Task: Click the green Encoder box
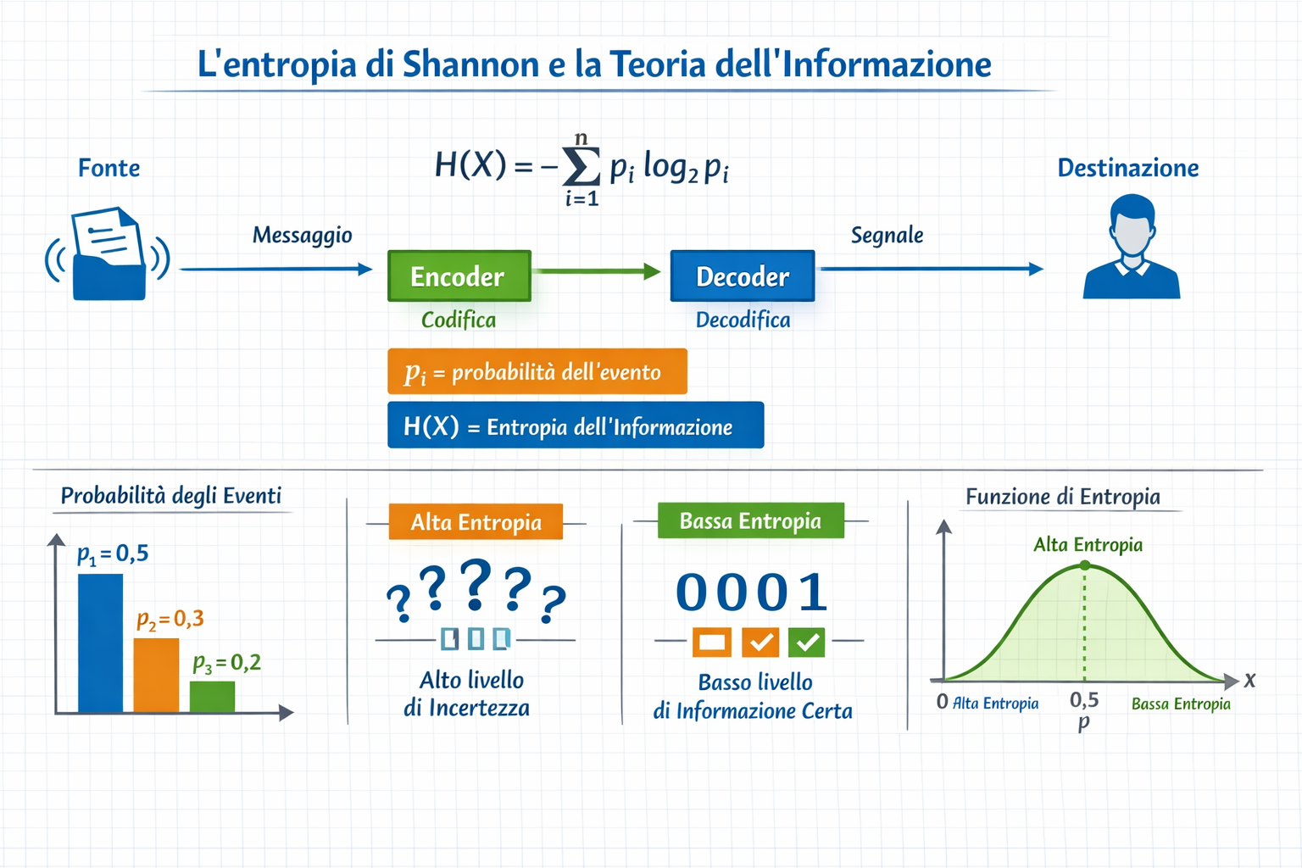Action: coord(459,275)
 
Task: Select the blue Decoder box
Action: coord(742,275)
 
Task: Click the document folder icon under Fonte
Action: coord(108,254)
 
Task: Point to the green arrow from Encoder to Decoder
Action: coord(598,271)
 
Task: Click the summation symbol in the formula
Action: coord(581,167)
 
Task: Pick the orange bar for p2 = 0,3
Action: coord(156,675)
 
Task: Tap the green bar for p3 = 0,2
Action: coord(212,696)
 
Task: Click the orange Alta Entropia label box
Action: coord(476,521)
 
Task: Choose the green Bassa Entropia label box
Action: coord(750,520)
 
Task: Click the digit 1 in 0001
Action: coord(813,593)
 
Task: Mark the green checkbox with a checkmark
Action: coord(806,642)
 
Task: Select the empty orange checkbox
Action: coord(711,642)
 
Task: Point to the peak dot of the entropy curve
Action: coord(1085,565)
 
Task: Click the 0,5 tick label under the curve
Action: coord(1084,700)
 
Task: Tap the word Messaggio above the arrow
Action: coord(302,235)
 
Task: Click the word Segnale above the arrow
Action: coord(887,235)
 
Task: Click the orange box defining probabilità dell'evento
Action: coord(537,371)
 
